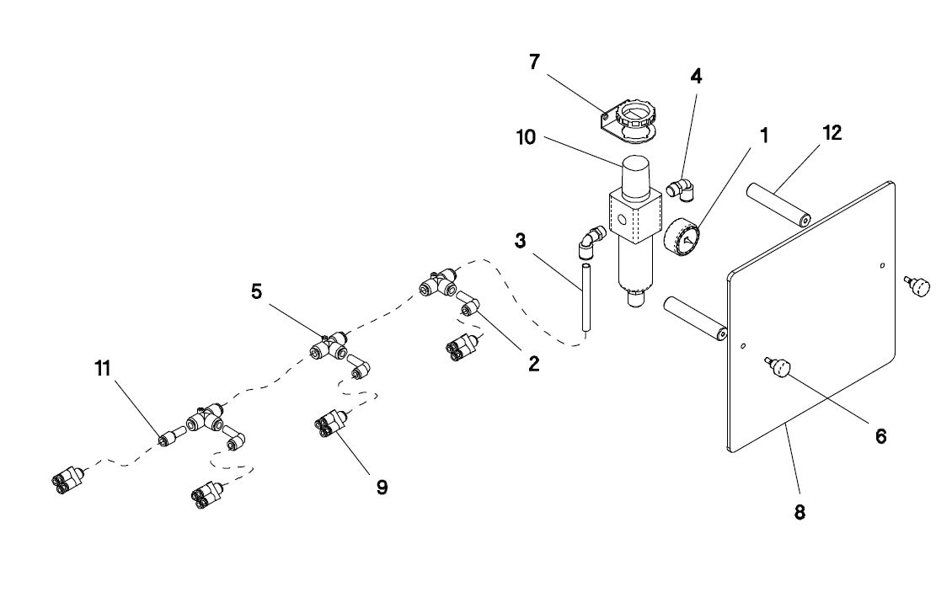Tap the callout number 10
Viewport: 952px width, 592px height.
[x=526, y=137]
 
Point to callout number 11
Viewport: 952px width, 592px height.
[x=103, y=368]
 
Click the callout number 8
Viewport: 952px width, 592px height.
[x=799, y=511]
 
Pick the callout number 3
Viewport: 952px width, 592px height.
[x=521, y=241]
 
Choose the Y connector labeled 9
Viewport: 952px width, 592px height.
[x=330, y=422]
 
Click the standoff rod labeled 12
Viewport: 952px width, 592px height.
[x=776, y=204]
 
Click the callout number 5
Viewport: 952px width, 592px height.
[x=256, y=291]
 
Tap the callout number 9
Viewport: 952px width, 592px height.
[x=382, y=487]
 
